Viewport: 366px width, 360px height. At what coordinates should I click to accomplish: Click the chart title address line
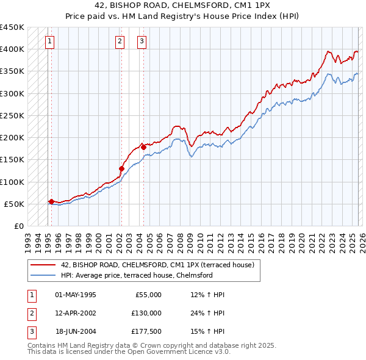[x=183, y=5]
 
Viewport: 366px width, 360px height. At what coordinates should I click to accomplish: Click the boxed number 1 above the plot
[x=49, y=41]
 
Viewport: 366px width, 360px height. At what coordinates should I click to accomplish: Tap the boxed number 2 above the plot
[x=120, y=41]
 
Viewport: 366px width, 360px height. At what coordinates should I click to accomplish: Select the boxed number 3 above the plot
[x=142, y=41]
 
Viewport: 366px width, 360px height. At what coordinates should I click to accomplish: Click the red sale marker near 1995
[x=51, y=201]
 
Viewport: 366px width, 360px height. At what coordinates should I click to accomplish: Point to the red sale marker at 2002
[x=121, y=168]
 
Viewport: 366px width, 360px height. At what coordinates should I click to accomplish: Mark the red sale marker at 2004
[x=143, y=146]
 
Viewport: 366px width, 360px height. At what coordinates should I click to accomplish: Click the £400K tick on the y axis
[x=12, y=49]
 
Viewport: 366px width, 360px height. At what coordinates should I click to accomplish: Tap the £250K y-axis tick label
[x=12, y=115]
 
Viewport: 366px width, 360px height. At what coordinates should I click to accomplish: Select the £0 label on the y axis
[x=18, y=226]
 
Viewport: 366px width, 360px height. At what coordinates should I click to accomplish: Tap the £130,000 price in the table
[x=146, y=313]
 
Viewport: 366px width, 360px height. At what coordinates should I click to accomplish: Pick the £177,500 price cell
[x=146, y=331]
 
